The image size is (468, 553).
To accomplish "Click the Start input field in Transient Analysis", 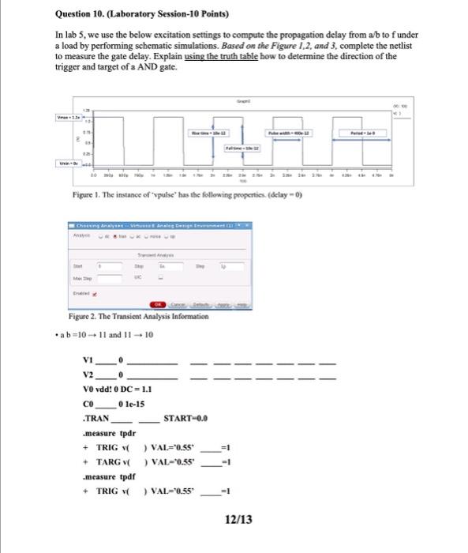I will tap(109, 266).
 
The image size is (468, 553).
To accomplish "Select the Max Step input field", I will tap(109, 278).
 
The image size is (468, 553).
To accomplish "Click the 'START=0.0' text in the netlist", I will tap(185, 416).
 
